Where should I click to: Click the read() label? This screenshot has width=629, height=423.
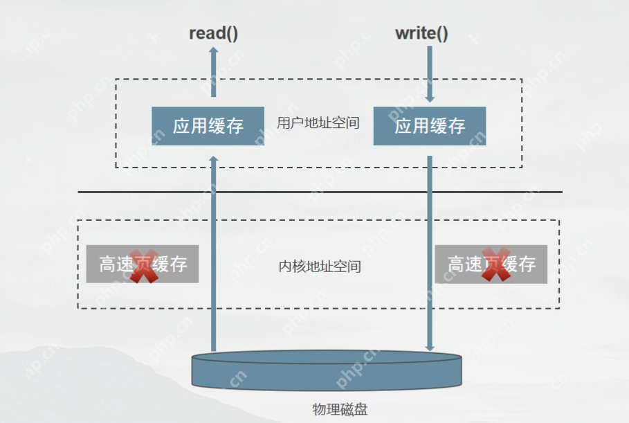213,33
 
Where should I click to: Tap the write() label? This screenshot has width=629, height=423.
421,33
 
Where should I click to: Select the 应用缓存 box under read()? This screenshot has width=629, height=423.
208,126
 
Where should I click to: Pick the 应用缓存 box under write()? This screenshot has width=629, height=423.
430,126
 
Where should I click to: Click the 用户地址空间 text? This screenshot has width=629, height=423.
318,123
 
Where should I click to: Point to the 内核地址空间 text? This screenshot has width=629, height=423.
320,266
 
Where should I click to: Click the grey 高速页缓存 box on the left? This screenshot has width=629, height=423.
143,264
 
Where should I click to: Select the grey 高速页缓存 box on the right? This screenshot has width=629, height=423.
491,264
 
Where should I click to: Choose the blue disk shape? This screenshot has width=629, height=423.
326,371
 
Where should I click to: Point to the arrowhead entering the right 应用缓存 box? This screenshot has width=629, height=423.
430,99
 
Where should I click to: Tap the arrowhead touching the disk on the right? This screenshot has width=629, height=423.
430,348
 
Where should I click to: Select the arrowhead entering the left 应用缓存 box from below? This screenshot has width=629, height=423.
213,160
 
